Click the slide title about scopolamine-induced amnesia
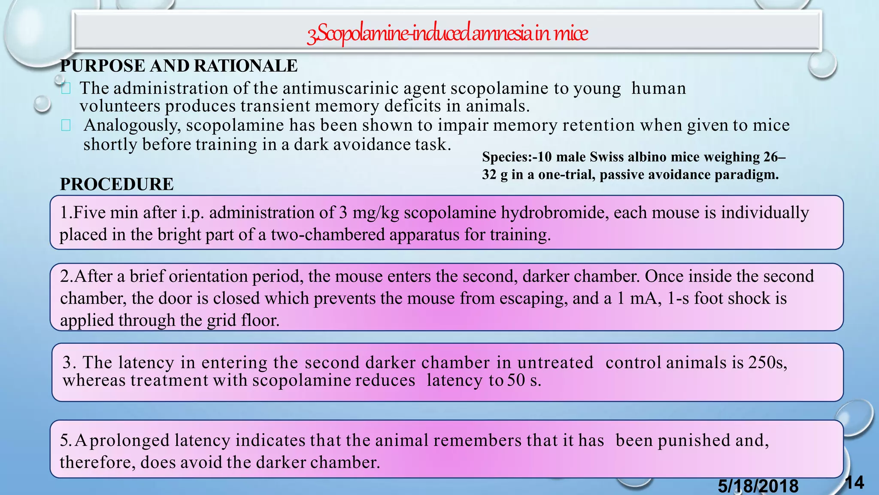(447, 34)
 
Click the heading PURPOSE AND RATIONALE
(179, 66)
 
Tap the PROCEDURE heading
(117, 184)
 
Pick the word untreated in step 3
(555, 363)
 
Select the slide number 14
(854, 483)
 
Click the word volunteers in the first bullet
(120, 106)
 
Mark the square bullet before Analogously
(66, 125)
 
